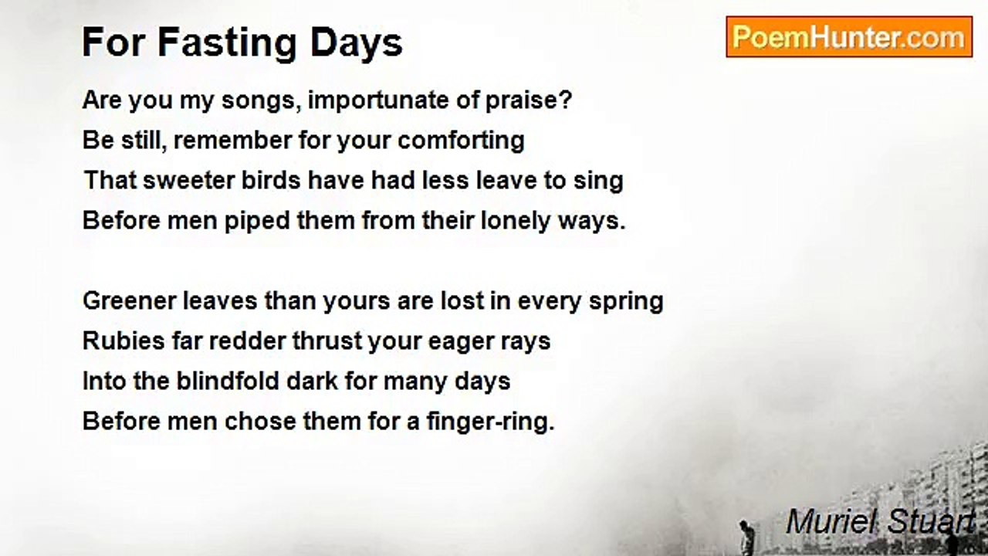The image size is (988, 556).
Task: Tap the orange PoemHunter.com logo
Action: click(849, 37)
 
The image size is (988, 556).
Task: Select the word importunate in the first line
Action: click(378, 101)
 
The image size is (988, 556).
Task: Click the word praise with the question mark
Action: click(529, 101)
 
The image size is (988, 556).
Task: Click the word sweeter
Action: click(189, 181)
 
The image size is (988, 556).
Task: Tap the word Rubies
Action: click(123, 341)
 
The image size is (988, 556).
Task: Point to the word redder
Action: click(248, 341)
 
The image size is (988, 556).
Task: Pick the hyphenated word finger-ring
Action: click(490, 422)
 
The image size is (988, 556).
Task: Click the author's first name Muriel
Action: click(831, 521)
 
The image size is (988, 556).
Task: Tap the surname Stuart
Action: click(931, 521)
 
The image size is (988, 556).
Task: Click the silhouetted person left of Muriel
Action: click(745, 537)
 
